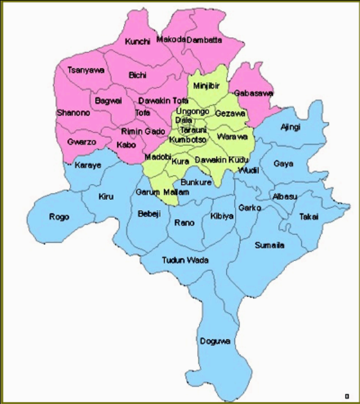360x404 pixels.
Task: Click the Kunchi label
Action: [x=137, y=41]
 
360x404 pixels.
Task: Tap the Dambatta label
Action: [x=204, y=40]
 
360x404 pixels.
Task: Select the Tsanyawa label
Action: [x=85, y=70]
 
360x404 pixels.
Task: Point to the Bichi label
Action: [x=137, y=75]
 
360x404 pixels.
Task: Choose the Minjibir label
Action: [x=206, y=86]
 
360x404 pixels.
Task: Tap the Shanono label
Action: [x=73, y=112]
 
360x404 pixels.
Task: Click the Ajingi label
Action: [x=290, y=127]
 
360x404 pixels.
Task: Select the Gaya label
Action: [x=283, y=163]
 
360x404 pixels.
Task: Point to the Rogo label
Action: [x=59, y=217]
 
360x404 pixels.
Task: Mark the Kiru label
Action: [x=106, y=196]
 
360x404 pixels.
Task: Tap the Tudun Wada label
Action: [x=185, y=260]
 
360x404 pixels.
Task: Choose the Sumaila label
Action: [x=270, y=245]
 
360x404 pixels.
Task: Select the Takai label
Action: [x=309, y=217]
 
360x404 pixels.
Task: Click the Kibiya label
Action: [x=222, y=216]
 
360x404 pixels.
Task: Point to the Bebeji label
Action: [x=150, y=214]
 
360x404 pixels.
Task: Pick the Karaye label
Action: [x=88, y=166]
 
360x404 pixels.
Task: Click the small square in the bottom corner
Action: [x=347, y=396]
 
